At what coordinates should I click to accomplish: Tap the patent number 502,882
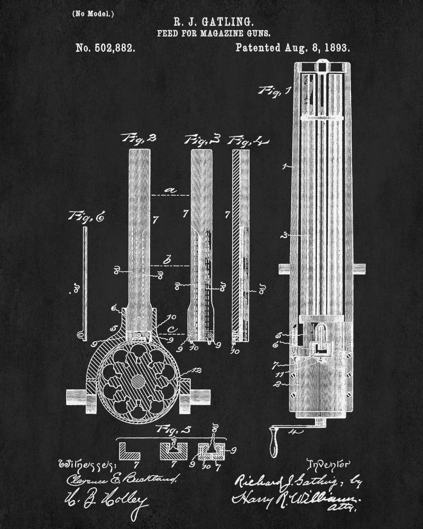(105, 48)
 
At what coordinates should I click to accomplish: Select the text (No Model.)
(93, 13)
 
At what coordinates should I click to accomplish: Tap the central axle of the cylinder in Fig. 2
(137, 380)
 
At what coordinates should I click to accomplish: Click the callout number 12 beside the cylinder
(197, 371)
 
